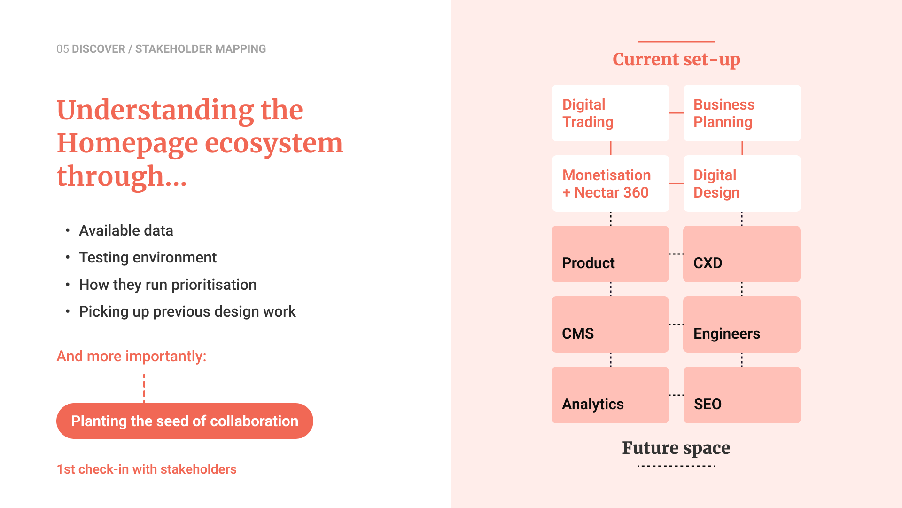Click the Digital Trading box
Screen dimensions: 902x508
tap(610, 113)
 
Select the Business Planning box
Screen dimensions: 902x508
tap(742, 113)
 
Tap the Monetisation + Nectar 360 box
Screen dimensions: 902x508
tap(610, 183)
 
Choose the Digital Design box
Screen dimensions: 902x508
tap(742, 183)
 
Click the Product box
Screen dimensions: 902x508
tap(610, 254)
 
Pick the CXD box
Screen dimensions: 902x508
tap(742, 254)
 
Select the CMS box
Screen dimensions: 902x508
tap(610, 325)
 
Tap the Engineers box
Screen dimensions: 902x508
tap(742, 325)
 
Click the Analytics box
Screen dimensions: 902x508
tap(610, 395)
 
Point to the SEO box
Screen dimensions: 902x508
tap(742, 395)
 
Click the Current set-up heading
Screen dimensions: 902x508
tap(676, 60)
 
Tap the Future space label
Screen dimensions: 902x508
tap(676, 448)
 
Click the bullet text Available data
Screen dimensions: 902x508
tap(126, 230)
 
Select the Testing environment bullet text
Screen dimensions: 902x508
tap(148, 258)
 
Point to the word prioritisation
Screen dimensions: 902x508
tap(214, 285)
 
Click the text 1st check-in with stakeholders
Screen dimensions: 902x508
tap(147, 469)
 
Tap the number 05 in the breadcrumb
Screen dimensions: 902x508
tap(62, 49)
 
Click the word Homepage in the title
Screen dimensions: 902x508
tap(127, 144)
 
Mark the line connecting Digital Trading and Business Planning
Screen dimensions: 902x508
tap(676, 113)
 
